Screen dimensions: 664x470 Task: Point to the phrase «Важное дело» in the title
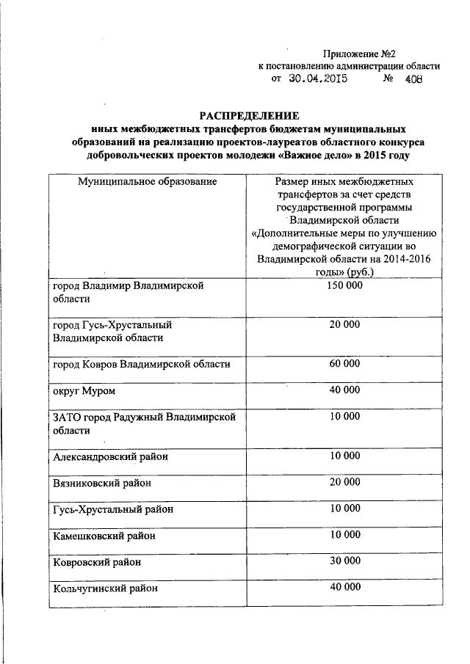coord(310,156)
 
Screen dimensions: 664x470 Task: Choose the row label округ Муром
coord(83,390)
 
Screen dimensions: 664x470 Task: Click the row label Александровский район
coord(110,456)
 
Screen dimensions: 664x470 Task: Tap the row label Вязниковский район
coord(104,483)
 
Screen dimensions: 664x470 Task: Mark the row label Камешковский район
coord(104,536)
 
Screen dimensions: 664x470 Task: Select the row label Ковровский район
coord(97,563)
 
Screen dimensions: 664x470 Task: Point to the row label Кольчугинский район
coord(105,588)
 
